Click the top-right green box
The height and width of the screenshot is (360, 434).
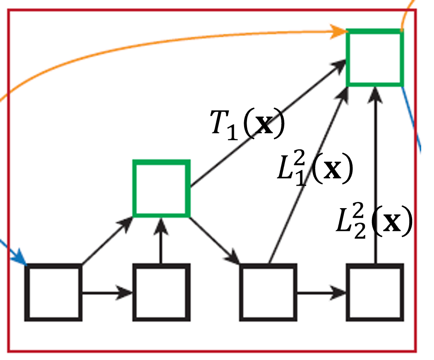(374, 58)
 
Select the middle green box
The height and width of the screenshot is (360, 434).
(161, 188)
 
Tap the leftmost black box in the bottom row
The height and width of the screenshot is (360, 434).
(54, 293)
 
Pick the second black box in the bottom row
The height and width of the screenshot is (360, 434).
(161, 293)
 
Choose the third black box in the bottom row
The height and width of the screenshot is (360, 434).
(268, 293)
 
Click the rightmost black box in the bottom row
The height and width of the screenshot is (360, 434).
(375, 293)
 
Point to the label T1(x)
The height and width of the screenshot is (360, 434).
(247, 125)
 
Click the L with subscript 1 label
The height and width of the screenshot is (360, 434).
(314, 170)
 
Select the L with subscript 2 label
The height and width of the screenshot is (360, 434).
(374, 223)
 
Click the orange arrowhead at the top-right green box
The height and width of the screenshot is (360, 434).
(340, 31)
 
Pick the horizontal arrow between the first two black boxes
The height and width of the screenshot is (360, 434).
(107, 293)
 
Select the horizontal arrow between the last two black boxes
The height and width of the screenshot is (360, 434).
(321, 293)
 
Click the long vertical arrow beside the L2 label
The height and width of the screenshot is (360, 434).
(375, 166)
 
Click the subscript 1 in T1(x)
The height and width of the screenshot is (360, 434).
(232, 133)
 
